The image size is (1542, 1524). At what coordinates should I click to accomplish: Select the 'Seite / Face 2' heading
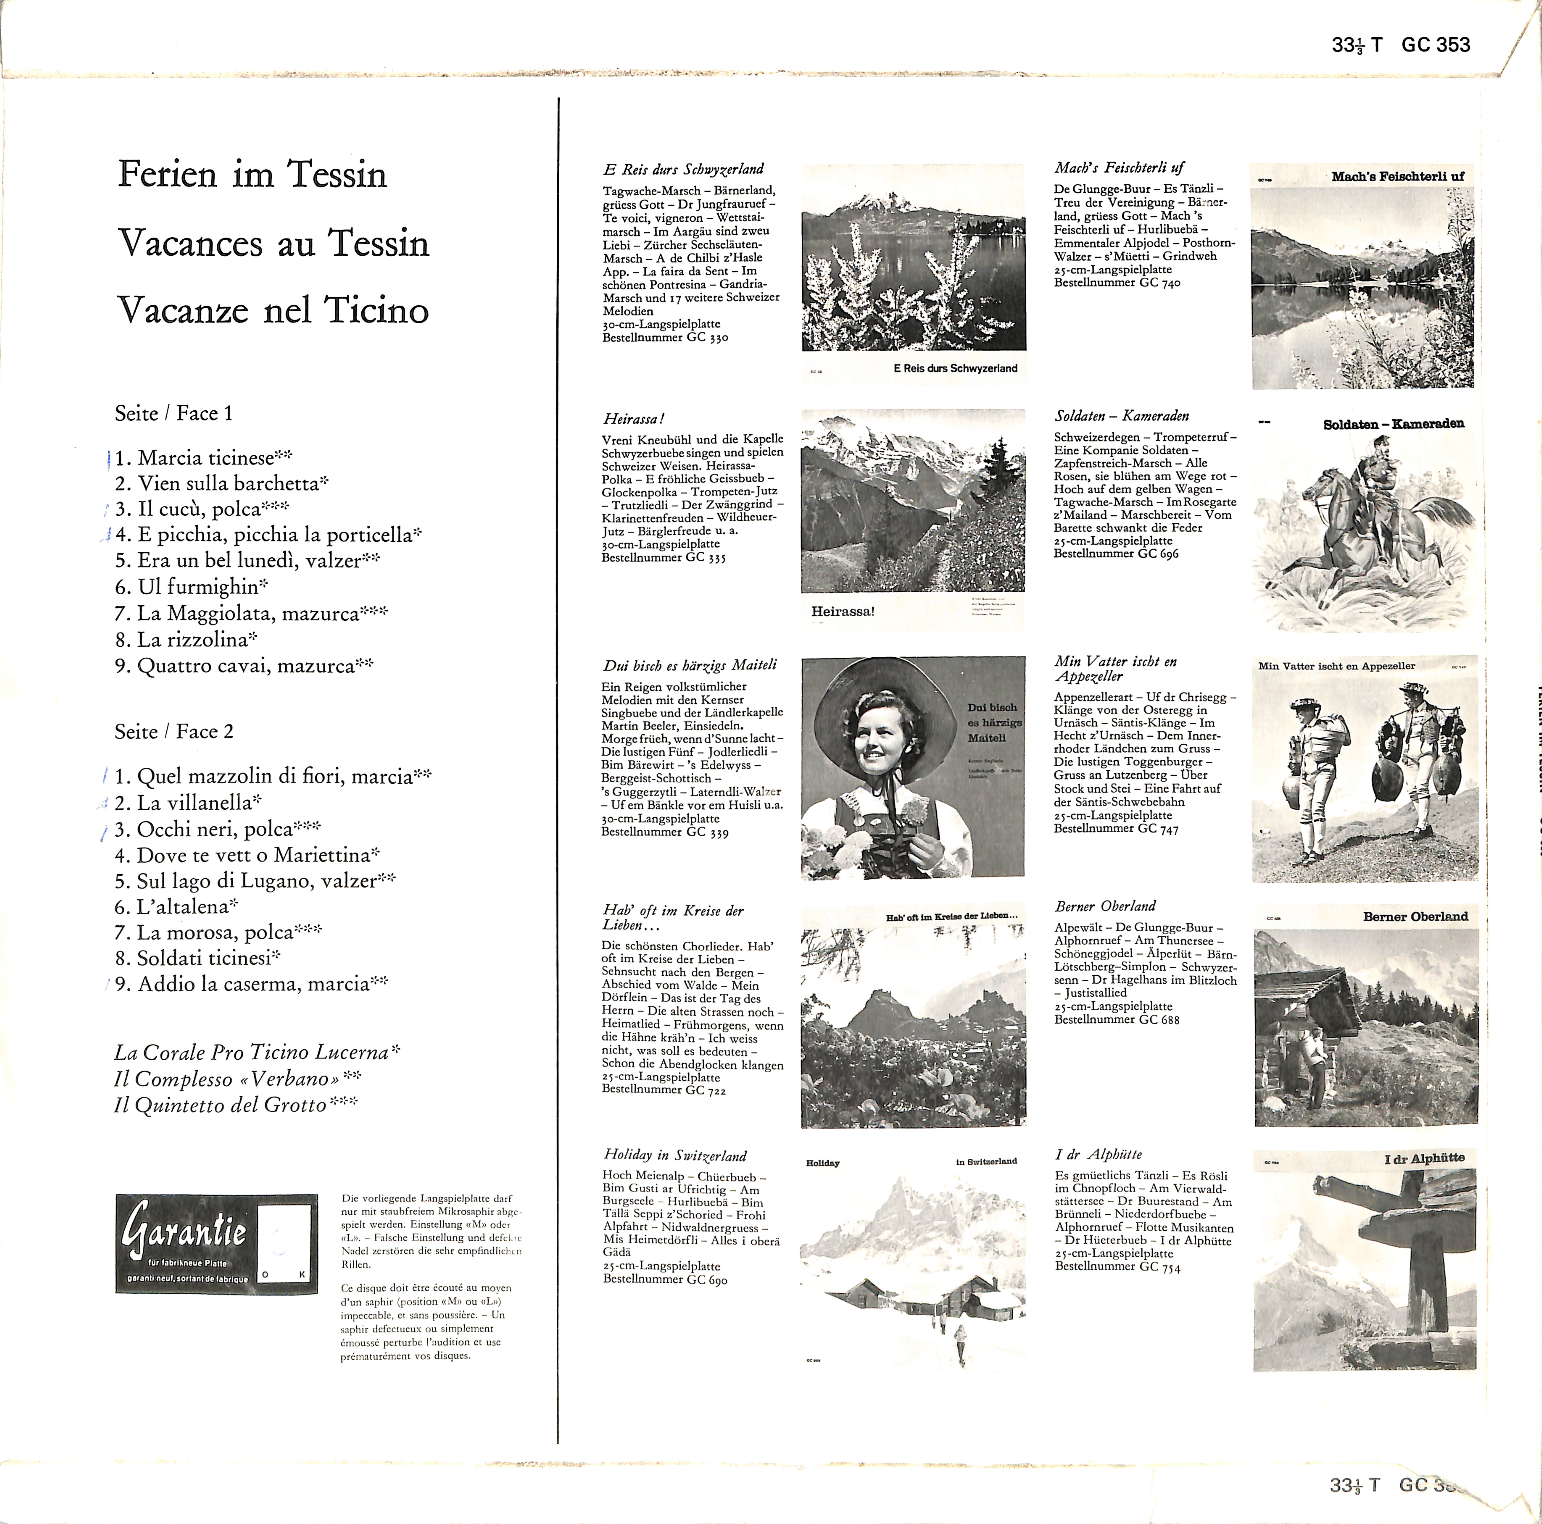(174, 732)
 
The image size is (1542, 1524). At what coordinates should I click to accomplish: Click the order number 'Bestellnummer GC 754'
(1117, 1267)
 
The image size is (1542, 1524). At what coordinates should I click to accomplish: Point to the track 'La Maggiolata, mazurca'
(249, 614)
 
